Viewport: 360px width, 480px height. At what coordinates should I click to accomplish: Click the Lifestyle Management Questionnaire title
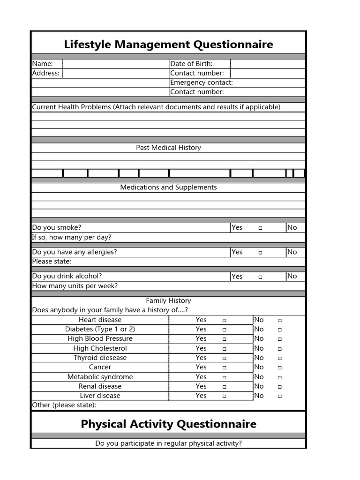point(168,45)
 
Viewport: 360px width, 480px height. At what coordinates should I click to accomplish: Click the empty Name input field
point(115,64)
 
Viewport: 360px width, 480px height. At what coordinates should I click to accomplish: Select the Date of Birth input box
point(268,64)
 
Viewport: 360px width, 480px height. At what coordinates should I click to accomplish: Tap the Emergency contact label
point(201,82)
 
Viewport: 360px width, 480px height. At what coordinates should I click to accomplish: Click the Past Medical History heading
point(168,148)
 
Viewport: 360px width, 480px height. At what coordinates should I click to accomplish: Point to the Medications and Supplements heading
point(168,187)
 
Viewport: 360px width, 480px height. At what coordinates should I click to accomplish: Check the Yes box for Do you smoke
point(260,228)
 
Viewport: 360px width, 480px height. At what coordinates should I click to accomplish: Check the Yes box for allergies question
point(260,252)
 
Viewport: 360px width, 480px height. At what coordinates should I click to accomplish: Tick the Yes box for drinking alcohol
point(260,277)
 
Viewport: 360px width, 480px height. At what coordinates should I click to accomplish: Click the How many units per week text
point(75,286)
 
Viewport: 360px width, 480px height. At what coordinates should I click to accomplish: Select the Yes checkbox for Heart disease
point(225,320)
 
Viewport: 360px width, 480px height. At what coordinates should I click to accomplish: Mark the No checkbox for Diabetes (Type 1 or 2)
point(279,330)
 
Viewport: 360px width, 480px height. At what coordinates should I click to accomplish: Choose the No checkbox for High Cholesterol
point(279,349)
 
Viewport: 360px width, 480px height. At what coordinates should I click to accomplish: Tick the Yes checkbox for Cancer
point(225,367)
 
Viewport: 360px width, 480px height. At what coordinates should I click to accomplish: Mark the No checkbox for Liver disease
point(279,396)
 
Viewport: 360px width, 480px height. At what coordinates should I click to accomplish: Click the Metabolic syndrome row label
point(100,377)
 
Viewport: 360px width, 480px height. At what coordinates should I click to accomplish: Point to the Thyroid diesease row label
point(100,358)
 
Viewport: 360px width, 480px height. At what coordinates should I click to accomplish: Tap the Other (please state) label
point(64,405)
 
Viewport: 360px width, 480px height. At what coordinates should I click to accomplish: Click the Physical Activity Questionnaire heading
point(168,424)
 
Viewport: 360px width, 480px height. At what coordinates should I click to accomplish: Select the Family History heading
point(168,300)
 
